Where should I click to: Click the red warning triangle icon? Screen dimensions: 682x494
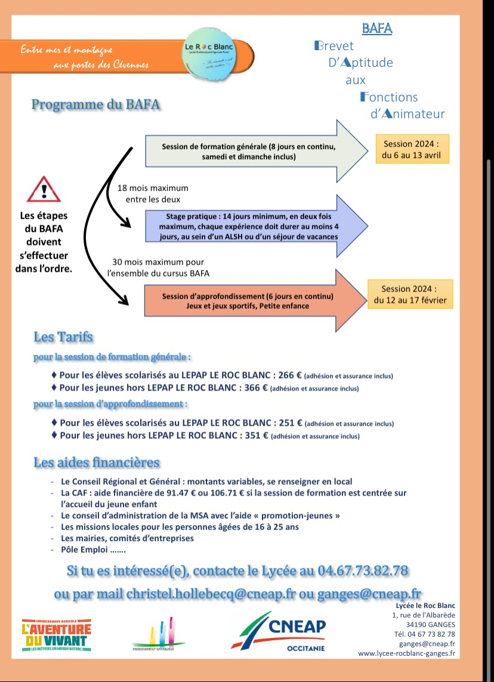(x=44, y=189)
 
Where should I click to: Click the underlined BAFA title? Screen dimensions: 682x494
(x=377, y=28)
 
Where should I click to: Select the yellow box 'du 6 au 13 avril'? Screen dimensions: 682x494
(x=412, y=149)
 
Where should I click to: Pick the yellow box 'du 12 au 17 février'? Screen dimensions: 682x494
(x=410, y=294)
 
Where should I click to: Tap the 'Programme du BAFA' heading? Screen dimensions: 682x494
(x=95, y=105)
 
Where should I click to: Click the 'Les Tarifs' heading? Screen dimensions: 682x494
(x=63, y=337)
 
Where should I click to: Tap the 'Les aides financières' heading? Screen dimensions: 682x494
(x=97, y=462)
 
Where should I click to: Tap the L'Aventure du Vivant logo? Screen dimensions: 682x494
(x=56, y=635)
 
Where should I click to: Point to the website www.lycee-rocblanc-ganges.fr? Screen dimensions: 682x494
(x=406, y=653)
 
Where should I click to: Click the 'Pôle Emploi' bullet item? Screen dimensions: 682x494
(x=93, y=549)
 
